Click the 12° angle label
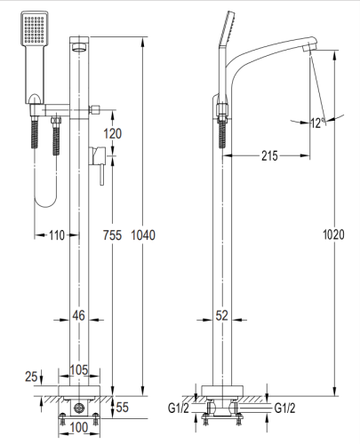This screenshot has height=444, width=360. (x=317, y=123)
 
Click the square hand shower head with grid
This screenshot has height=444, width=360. (x=32, y=33)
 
